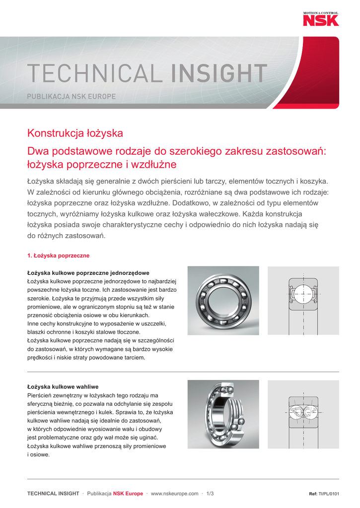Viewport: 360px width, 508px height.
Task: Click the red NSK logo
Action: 321,20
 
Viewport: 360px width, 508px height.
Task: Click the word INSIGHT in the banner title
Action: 219,74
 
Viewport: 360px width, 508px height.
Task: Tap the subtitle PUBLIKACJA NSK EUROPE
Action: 71,97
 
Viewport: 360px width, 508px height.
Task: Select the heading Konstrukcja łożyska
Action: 75,133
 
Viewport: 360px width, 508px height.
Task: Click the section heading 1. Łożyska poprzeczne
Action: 58,255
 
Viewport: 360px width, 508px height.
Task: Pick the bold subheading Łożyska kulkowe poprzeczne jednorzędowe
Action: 88,273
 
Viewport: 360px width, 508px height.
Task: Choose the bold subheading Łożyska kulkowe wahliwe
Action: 63,386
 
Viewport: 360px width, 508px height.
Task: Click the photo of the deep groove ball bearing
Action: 223,301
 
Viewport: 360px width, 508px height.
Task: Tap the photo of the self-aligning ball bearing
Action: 223,414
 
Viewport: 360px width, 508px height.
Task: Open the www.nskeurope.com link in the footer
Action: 174,494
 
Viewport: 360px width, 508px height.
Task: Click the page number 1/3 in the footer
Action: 210,494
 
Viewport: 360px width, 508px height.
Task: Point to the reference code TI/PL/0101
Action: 329,494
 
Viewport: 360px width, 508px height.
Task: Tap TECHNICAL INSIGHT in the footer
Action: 53,494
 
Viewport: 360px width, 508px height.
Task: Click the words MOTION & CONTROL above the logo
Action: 321,12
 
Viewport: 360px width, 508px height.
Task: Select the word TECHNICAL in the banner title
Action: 94,74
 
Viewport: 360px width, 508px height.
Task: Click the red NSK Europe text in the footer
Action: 128,494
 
